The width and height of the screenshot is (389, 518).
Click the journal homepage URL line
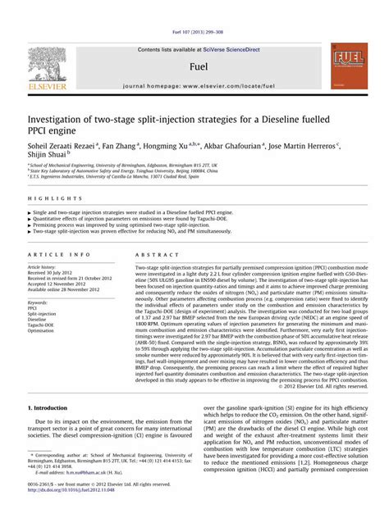[196, 85]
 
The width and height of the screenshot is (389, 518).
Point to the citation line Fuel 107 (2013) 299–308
[194, 32]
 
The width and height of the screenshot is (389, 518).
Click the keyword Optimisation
[43, 332]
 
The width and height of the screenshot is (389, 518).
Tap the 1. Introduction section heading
[53, 407]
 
